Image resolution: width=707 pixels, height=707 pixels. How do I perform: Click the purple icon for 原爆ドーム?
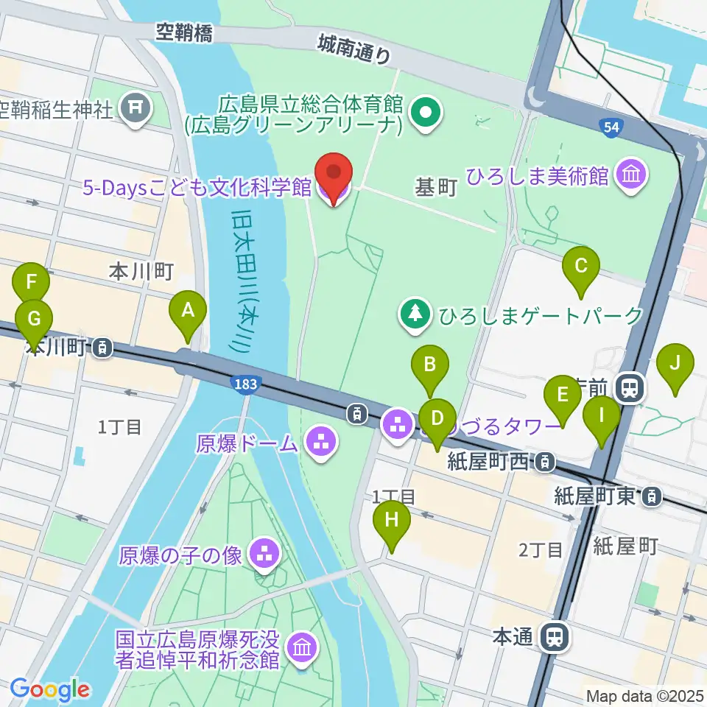pos(320,443)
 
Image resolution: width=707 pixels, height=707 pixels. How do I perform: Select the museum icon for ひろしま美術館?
pos(633,176)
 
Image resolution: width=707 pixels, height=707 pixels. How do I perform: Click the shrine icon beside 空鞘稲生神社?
pos(136,108)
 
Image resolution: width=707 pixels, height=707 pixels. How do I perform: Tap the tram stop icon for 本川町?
pos(104,347)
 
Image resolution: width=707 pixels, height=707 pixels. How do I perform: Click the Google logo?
pos(49,689)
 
